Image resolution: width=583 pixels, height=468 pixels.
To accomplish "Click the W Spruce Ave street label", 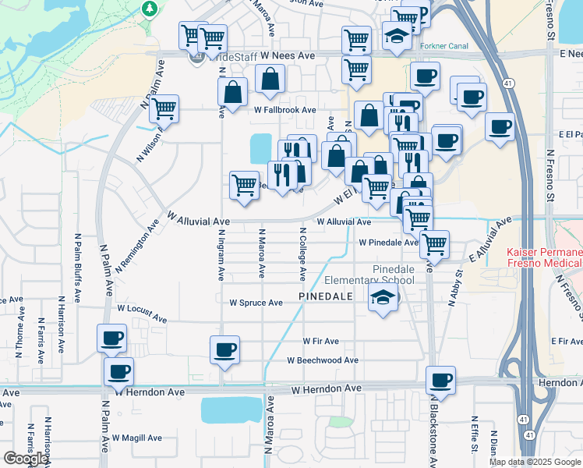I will [256, 303].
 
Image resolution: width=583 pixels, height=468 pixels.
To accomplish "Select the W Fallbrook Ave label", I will [284, 110].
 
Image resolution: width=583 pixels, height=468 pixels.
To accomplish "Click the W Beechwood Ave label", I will [322, 360].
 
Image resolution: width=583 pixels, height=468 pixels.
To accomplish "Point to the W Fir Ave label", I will [321, 341].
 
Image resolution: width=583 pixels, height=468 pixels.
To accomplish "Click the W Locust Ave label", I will [142, 313].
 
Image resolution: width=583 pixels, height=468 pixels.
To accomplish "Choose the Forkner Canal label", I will [444, 46].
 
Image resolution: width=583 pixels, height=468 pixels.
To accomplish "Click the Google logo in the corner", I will [26, 459].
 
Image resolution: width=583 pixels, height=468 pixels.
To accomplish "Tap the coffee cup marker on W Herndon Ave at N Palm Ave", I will [118, 371].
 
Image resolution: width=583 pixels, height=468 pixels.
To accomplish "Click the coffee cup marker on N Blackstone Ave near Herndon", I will [441, 380].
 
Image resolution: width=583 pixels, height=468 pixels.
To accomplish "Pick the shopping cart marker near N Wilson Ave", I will [164, 108].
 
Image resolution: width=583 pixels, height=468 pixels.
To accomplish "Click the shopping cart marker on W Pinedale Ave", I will [434, 243].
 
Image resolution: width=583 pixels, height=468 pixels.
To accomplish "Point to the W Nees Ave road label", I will [288, 56].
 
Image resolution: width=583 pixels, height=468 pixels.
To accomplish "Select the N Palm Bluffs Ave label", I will [78, 267].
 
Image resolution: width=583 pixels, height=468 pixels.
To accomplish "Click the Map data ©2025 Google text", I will [535, 462].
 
